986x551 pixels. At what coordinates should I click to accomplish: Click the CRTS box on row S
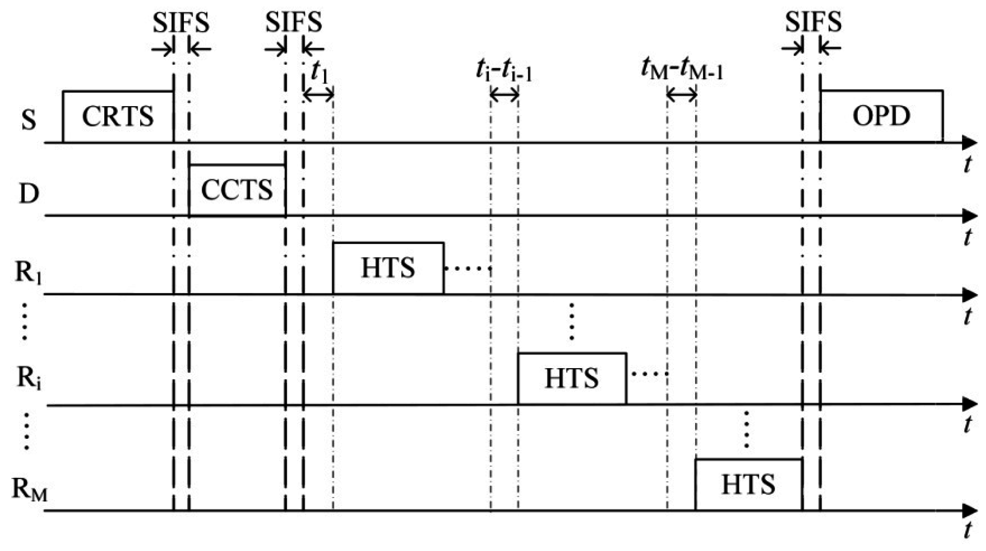(x=118, y=116)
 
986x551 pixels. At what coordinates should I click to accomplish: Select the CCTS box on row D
(x=237, y=190)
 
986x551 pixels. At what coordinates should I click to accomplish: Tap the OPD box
(x=881, y=116)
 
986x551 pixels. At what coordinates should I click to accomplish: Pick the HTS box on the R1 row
(x=388, y=268)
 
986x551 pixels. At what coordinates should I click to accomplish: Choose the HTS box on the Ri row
(x=572, y=378)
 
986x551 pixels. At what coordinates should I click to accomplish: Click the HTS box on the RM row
(x=748, y=485)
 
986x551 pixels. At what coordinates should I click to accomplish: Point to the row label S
(x=29, y=119)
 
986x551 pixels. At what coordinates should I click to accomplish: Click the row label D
(x=29, y=194)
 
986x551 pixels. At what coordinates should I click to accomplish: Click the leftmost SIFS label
(x=181, y=23)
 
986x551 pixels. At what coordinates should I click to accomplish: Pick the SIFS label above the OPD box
(x=813, y=22)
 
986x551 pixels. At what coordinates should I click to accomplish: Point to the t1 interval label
(x=319, y=72)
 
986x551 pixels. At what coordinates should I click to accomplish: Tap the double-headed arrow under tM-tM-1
(x=681, y=95)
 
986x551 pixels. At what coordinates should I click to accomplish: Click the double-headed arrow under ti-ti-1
(x=504, y=95)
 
